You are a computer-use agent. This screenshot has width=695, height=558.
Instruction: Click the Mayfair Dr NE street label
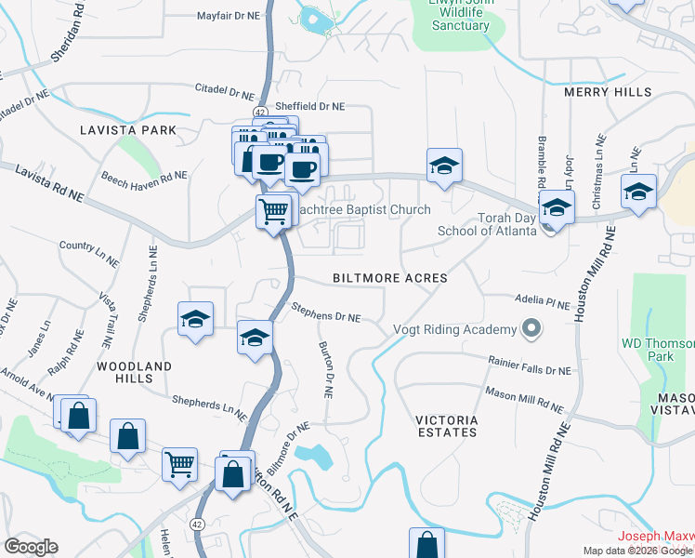229,17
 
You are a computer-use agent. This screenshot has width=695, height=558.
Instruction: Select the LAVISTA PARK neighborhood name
127,130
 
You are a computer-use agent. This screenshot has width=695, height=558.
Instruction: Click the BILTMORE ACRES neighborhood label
390,278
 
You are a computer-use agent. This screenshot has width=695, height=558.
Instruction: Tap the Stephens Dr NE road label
325,312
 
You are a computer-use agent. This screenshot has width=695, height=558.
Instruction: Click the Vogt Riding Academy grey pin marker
531,329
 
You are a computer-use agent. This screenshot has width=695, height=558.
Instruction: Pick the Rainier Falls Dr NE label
530,364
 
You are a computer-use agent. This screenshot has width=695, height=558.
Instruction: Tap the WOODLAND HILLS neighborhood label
134,373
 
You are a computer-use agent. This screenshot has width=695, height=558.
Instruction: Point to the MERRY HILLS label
601,92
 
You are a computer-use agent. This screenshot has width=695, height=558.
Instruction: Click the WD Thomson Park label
659,349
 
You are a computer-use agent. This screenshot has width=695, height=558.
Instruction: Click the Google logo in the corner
31,547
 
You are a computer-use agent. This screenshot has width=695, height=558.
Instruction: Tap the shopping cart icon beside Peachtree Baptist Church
273,212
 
